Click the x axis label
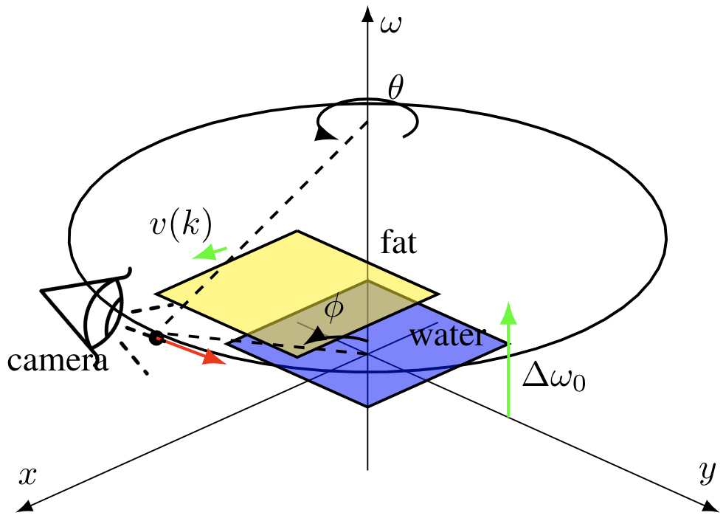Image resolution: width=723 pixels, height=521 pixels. [x=27, y=476]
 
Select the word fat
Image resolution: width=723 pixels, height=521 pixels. [x=398, y=243]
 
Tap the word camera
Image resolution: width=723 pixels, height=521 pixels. [x=58, y=361]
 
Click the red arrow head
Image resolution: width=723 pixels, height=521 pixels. [x=214, y=358]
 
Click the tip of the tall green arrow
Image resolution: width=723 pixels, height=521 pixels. [x=508, y=306]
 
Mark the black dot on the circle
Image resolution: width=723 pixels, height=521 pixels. [x=156, y=338]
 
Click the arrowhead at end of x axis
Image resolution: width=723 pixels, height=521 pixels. [x=22, y=506]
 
